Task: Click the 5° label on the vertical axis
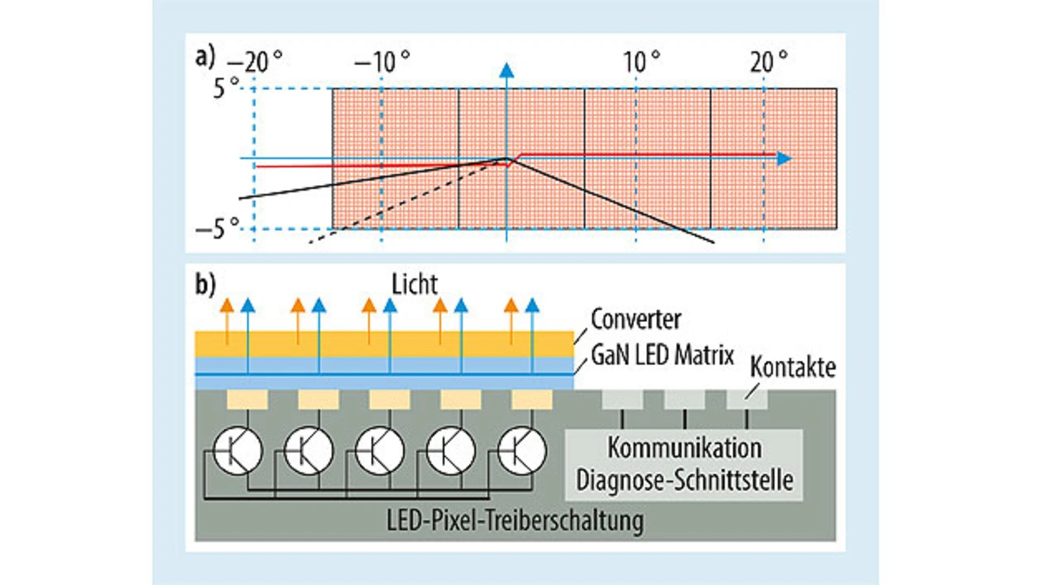pos(226,88)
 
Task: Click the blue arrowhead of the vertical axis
pos(507,70)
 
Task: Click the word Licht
pos(412,285)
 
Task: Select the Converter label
pos(636,319)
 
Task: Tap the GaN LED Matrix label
pos(662,355)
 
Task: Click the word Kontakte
pos(793,368)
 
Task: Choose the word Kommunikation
pos(684,448)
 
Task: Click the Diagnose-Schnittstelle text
pos(684,480)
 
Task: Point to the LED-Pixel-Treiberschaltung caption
pos(515,520)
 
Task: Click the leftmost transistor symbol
pos(237,453)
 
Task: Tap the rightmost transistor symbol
pos(522,453)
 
